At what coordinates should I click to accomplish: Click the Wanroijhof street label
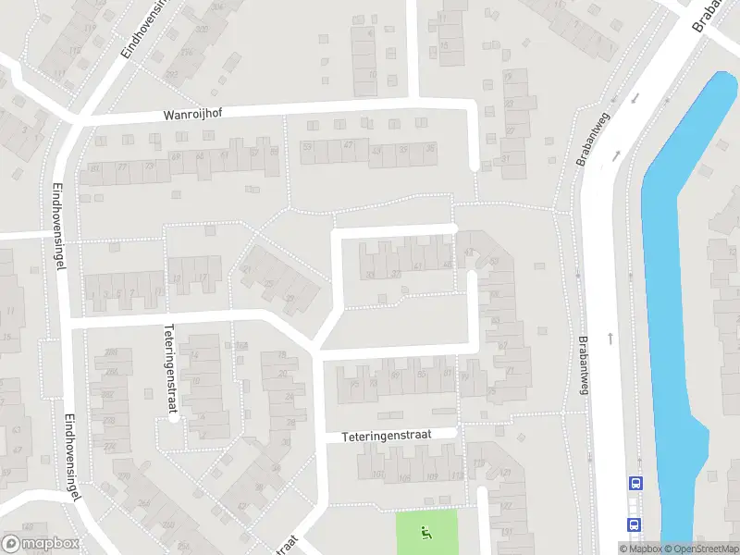[x=193, y=114]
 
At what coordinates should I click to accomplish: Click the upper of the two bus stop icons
[x=635, y=483]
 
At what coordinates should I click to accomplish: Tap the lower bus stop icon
[x=635, y=524]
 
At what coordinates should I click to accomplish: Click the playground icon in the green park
[x=426, y=532]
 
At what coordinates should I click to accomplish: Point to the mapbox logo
[x=41, y=544]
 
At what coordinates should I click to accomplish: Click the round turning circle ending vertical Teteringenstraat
[x=173, y=418]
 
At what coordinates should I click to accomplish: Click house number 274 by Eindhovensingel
[x=110, y=447]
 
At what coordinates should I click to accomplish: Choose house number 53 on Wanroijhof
[x=307, y=147]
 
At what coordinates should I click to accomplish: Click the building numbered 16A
[x=242, y=346]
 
